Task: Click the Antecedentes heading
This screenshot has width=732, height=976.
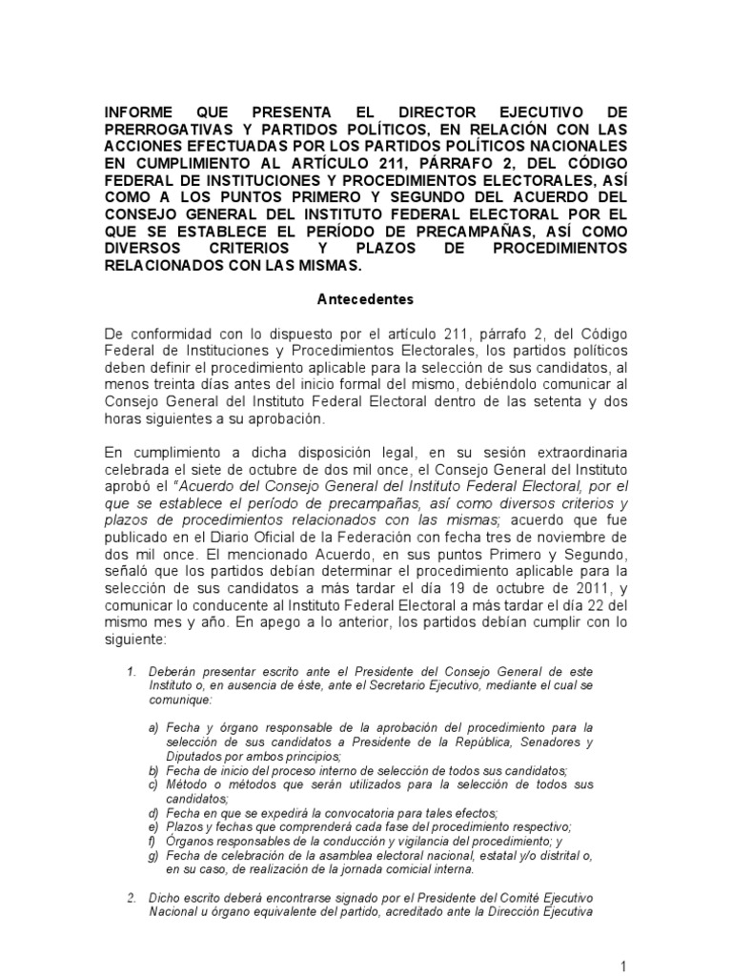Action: pyautogui.click(x=365, y=299)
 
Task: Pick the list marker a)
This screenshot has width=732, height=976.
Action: pyautogui.click(x=153, y=728)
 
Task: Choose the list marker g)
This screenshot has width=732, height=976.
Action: pyautogui.click(x=153, y=854)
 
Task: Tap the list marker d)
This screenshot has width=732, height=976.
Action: pyautogui.click(x=153, y=813)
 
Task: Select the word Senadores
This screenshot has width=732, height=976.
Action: pyautogui.click(x=555, y=742)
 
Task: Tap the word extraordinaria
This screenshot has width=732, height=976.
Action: pyautogui.click(x=574, y=451)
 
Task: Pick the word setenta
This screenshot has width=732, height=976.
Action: pyautogui.click(x=542, y=400)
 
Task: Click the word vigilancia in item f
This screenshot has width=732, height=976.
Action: pyautogui.click(x=410, y=841)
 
